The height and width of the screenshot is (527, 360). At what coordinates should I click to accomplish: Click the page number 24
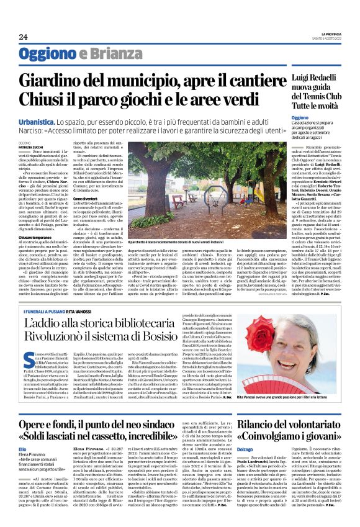tap(23, 38)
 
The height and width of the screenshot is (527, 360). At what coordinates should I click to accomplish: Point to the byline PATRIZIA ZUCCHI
tap(30, 146)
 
